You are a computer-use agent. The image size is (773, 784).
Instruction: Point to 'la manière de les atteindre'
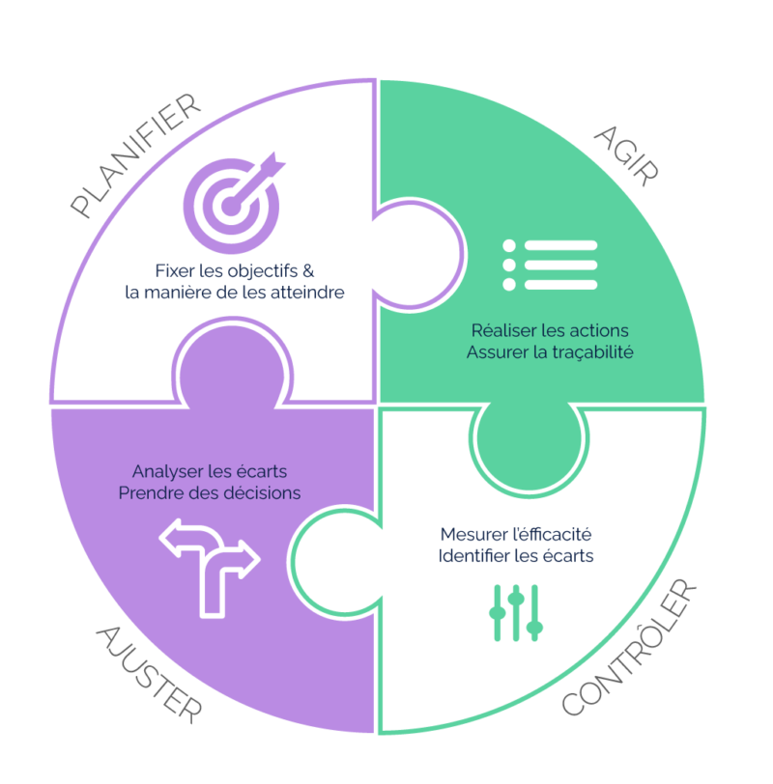coord(235,292)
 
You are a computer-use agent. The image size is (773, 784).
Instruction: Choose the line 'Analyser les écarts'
coord(210,472)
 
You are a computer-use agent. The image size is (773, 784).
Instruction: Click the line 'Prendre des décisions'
coord(210,493)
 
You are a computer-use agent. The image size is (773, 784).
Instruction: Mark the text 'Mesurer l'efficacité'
coord(516,534)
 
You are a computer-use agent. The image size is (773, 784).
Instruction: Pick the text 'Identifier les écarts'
coord(516,557)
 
